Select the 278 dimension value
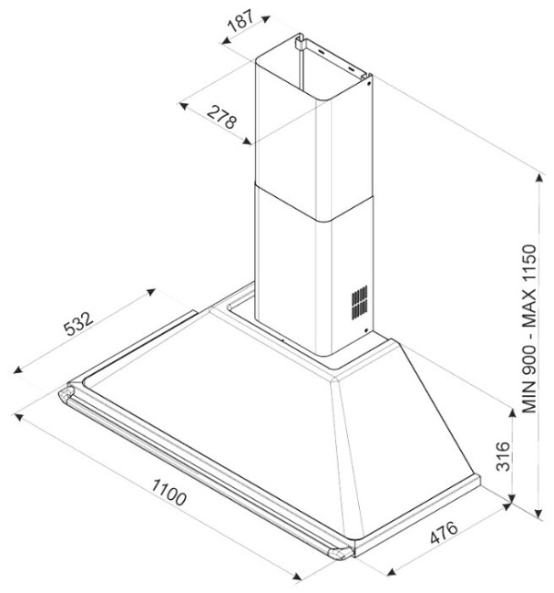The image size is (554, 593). tap(221, 117)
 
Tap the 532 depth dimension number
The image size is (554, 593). tap(77, 323)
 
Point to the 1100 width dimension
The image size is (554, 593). tap(169, 492)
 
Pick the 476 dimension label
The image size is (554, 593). tap(444, 533)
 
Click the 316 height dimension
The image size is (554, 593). tap(503, 456)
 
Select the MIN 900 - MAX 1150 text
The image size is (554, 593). tap(528, 329)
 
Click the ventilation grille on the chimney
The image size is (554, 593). tap(359, 302)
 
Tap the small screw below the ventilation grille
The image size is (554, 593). tap(366, 330)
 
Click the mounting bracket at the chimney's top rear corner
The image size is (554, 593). tap(300, 42)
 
